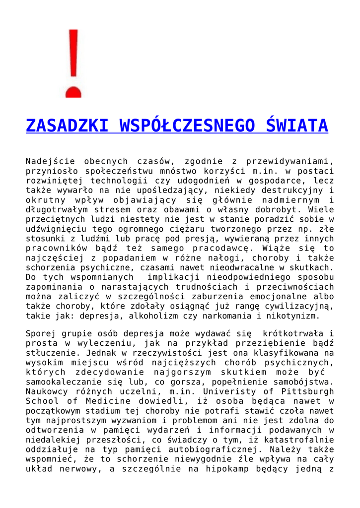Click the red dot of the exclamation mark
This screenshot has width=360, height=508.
click(73, 92)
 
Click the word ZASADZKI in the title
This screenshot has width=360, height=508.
click(68, 126)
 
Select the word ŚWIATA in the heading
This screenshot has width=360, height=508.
click(297, 126)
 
